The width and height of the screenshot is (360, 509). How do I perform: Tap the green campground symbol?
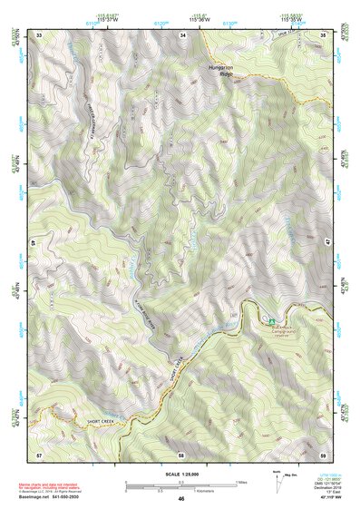[x=270, y=319]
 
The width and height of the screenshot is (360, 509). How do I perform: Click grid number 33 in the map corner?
[x=39, y=34]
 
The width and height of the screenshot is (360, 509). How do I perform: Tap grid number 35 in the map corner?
[x=324, y=34]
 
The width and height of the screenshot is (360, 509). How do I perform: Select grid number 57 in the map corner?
[x=39, y=454]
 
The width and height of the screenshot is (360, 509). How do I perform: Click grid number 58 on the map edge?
[x=181, y=454]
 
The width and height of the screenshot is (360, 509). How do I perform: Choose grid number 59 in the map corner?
[x=324, y=454]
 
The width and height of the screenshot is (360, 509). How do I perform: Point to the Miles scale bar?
[x=181, y=482]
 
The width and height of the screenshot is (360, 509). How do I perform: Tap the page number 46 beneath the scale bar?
[x=181, y=498]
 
